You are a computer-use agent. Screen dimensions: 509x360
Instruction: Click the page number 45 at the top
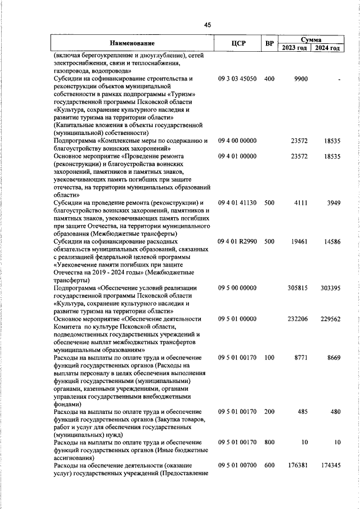point(207,25)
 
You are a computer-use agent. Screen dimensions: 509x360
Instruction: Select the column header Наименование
point(132,43)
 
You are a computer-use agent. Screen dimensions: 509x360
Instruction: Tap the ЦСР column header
point(238,43)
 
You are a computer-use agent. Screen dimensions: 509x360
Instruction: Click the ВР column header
point(269,43)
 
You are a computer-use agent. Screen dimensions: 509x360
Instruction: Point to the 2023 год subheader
point(295,48)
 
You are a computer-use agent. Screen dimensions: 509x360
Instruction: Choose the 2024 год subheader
point(327,48)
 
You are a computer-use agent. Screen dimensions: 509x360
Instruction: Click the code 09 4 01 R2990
point(237,241)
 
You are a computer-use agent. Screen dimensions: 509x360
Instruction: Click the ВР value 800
point(269,443)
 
